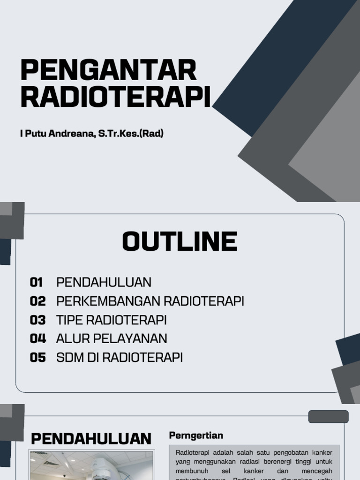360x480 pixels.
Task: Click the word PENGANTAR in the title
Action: (x=108, y=70)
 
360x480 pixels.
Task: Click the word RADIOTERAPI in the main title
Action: (x=115, y=97)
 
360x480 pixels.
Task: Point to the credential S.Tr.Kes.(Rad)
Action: (x=131, y=134)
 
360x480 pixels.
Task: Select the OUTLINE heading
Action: (x=180, y=242)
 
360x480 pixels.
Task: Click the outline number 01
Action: (x=37, y=282)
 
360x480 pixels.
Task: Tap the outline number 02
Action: (x=37, y=301)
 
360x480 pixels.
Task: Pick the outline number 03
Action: (x=37, y=320)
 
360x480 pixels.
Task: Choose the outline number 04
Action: (x=37, y=338)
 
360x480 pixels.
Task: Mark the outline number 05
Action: (x=37, y=358)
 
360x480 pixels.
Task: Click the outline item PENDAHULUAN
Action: (x=104, y=282)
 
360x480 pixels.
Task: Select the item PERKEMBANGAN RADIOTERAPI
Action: (x=150, y=301)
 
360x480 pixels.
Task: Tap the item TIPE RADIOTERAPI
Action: (x=111, y=320)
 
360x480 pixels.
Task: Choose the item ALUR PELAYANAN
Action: (x=112, y=338)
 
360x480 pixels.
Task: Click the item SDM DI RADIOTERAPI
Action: (x=119, y=358)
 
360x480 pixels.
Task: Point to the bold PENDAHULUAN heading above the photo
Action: (x=91, y=439)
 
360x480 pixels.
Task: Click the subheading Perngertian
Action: (x=196, y=435)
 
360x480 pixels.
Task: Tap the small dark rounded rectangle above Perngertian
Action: (x=328, y=416)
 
